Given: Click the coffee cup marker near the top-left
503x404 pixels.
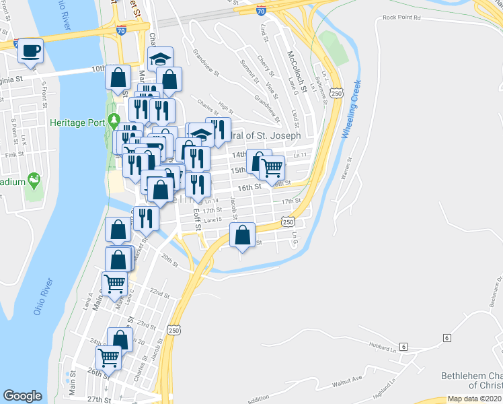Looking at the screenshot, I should click(30, 50).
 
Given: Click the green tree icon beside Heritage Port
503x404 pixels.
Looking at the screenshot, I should click(114, 121).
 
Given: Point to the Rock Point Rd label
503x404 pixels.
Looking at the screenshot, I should click(401, 18).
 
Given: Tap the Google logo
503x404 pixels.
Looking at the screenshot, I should click(22, 396).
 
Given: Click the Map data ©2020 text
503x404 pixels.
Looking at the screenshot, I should click(474, 398).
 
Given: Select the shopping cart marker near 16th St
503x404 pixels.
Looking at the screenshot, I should click(272, 168).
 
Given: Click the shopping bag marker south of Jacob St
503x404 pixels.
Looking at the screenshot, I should click(242, 236).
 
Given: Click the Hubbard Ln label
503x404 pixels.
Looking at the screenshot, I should click(383, 348).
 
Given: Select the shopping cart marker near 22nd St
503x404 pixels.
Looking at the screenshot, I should click(114, 285).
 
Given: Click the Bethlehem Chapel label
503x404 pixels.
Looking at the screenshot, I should click(471, 380).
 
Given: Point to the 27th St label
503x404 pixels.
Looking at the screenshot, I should click(98, 399).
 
